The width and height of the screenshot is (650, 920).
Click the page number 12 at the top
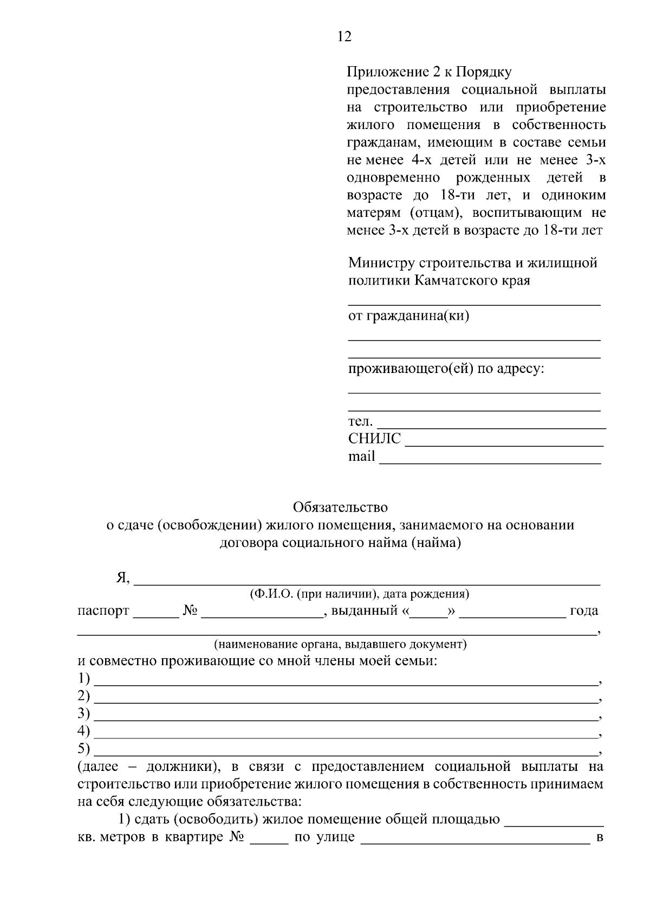tap(344, 36)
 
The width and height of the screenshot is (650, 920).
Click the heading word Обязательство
tap(340, 507)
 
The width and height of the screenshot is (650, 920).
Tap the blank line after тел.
tap(491, 423)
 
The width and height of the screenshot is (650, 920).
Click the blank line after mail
tap(490, 459)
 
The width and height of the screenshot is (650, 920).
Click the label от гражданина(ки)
tap(408, 316)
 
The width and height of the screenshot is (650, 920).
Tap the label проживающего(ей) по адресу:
tap(446, 369)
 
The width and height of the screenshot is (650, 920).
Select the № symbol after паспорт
tap(190, 611)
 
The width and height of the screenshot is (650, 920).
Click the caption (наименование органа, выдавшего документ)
tap(340, 644)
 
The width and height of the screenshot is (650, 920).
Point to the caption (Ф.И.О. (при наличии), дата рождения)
tap(359, 594)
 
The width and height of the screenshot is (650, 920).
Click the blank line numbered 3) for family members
tap(344, 715)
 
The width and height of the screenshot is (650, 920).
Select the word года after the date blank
tap(584, 611)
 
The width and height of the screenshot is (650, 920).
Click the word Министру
tap(381, 263)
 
